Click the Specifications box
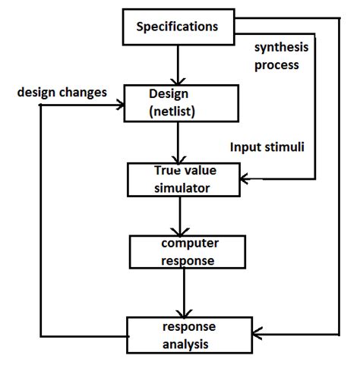(176, 28)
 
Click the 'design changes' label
(62, 93)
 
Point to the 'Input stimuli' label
(267, 146)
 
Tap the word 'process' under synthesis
(276, 65)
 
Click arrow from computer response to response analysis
(182, 292)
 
